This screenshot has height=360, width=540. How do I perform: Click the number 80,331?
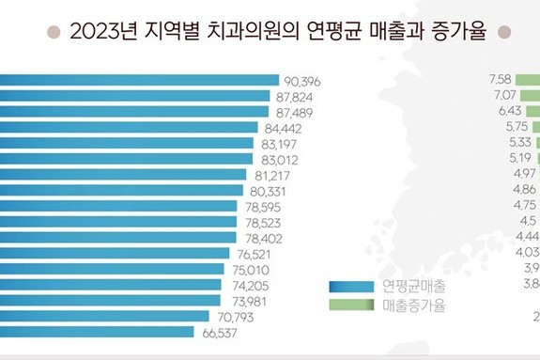click(x=270, y=191)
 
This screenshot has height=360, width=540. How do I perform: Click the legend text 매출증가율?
click(x=414, y=305)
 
